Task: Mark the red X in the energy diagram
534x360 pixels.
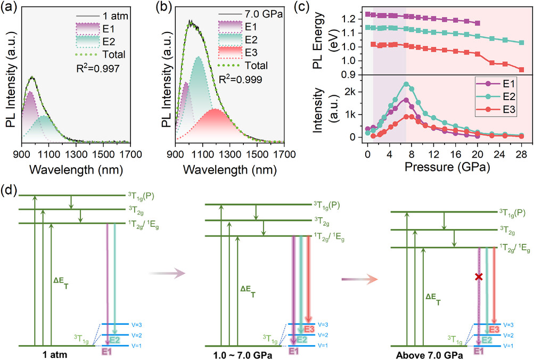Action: pos(479,277)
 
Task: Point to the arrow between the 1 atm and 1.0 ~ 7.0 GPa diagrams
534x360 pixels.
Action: pos(166,273)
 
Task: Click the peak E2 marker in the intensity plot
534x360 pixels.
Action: pos(406,84)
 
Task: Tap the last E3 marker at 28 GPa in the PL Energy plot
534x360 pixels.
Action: pos(521,70)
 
